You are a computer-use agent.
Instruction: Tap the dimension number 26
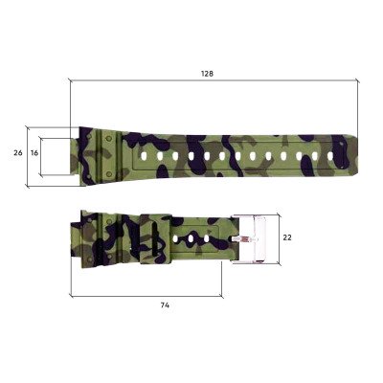17,152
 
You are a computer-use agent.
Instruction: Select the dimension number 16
34,152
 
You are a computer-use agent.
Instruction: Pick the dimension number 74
165,304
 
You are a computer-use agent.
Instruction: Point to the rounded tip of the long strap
354,153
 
